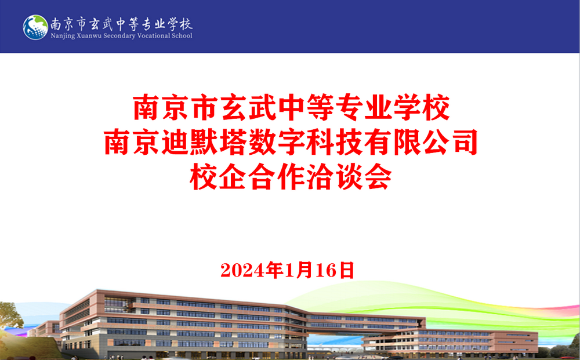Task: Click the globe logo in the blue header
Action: pyautogui.click(x=35, y=27)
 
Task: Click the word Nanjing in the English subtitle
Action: pyautogui.click(x=63, y=36)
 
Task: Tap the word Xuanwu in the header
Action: pyautogui.click(x=89, y=36)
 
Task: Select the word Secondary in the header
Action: pyautogui.click(x=119, y=36)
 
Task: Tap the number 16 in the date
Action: pyautogui.click(x=326, y=270)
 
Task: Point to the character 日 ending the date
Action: pyautogui.click(x=347, y=270)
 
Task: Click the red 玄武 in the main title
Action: pyautogui.click(x=249, y=108)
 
